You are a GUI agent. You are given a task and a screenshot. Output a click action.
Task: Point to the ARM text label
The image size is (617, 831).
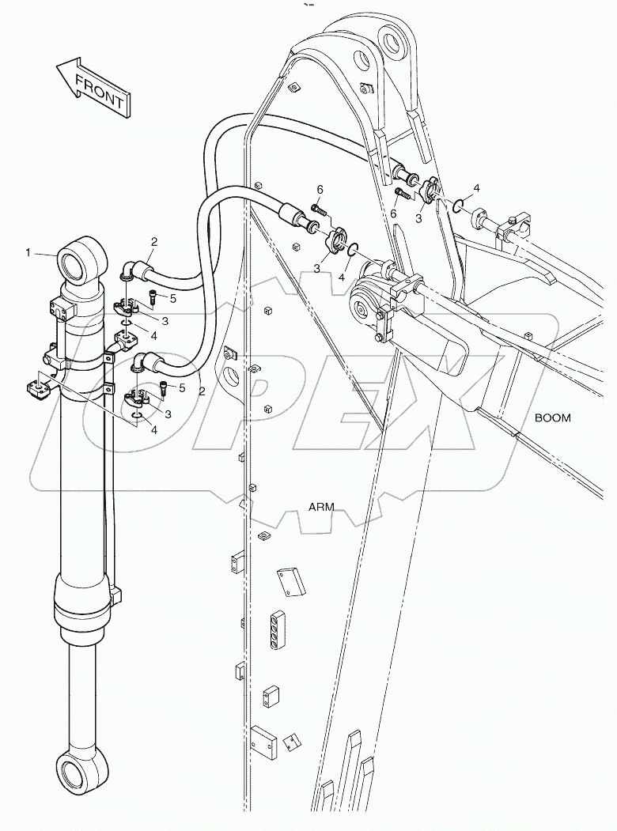[321, 507]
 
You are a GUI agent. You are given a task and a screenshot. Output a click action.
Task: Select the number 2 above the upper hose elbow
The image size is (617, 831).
[154, 241]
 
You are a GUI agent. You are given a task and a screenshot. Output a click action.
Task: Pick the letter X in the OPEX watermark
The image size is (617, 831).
[439, 387]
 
